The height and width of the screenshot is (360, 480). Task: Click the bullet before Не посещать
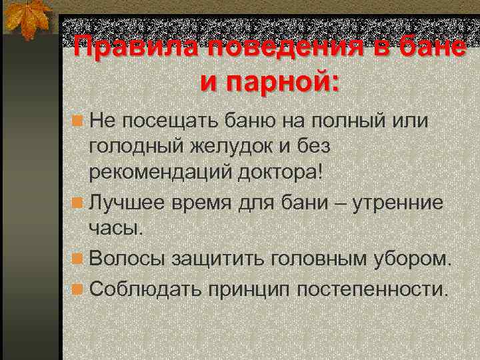[x=79, y=122]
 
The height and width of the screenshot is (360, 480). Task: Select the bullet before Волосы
[x=79, y=259]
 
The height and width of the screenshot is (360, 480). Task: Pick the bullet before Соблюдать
[x=79, y=289]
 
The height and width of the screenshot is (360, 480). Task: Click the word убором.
[x=413, y=259]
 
